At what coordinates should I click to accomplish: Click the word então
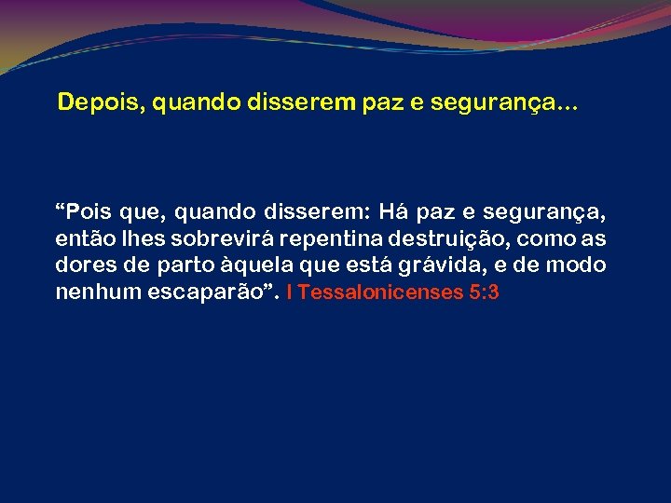pyautogui.click(x=81, y=239)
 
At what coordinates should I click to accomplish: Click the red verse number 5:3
pyautogui.click(x=485, y=292)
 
